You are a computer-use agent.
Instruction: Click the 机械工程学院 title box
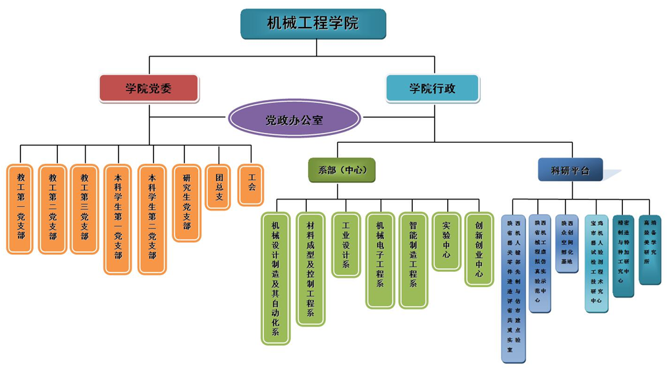point(313,24)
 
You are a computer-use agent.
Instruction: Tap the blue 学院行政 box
point(432,88)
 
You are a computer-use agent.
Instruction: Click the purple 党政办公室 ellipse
point(294,120)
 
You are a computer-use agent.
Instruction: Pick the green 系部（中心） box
point(342,170)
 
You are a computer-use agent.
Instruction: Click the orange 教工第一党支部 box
point(20,209)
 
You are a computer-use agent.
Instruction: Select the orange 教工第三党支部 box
point(84,209)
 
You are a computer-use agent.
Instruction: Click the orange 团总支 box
point(218,187)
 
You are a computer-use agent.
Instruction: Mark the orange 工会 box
point(250,182)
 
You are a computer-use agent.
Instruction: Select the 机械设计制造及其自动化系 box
point(275,277)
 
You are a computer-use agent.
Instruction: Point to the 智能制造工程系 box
point(414,259)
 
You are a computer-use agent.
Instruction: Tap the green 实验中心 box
point(446,240)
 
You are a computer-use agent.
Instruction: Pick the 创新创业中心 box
point(479,248)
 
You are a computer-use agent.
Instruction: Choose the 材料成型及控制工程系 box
point(310,269)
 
